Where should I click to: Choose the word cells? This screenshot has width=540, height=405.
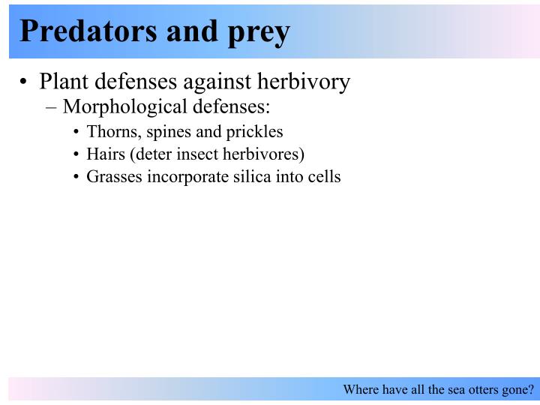point(323,177)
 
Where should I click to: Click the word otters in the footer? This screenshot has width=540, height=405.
point(471,390)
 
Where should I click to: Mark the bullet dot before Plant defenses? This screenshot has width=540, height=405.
point(25,82)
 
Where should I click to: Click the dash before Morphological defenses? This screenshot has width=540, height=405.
point(52,106)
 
